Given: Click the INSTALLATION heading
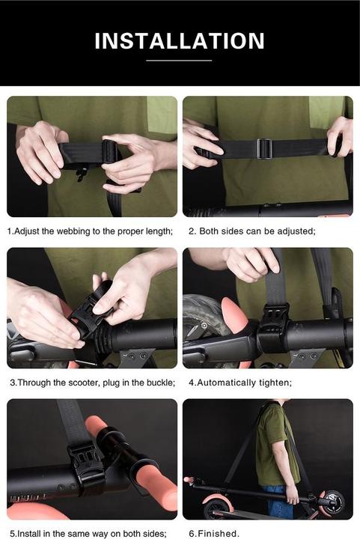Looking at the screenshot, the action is (180, 41).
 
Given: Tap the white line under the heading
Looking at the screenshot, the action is (179, 61).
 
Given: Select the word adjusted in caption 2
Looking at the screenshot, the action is (296, 231).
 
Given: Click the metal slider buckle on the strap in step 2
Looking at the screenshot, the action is (264, 148).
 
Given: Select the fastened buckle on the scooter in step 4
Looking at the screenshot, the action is (273, 325).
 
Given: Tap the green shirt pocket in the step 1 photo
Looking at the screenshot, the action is (162, 114).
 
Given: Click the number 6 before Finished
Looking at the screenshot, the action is (192, 534).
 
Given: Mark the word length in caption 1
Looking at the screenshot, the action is (159, 231).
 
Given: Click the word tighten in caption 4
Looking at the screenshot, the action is (275, 383).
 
